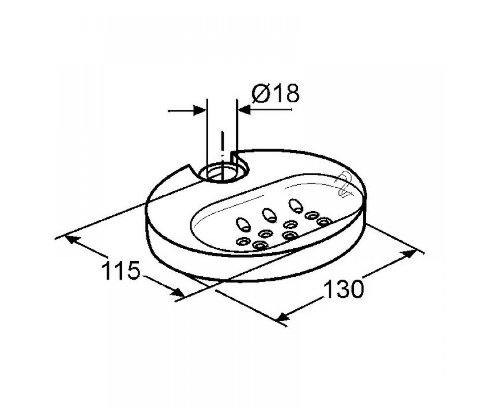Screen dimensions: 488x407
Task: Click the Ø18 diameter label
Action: point(275,93)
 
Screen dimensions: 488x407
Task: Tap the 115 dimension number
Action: point(122,271)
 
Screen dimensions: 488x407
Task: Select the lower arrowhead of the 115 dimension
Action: point(177,293)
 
